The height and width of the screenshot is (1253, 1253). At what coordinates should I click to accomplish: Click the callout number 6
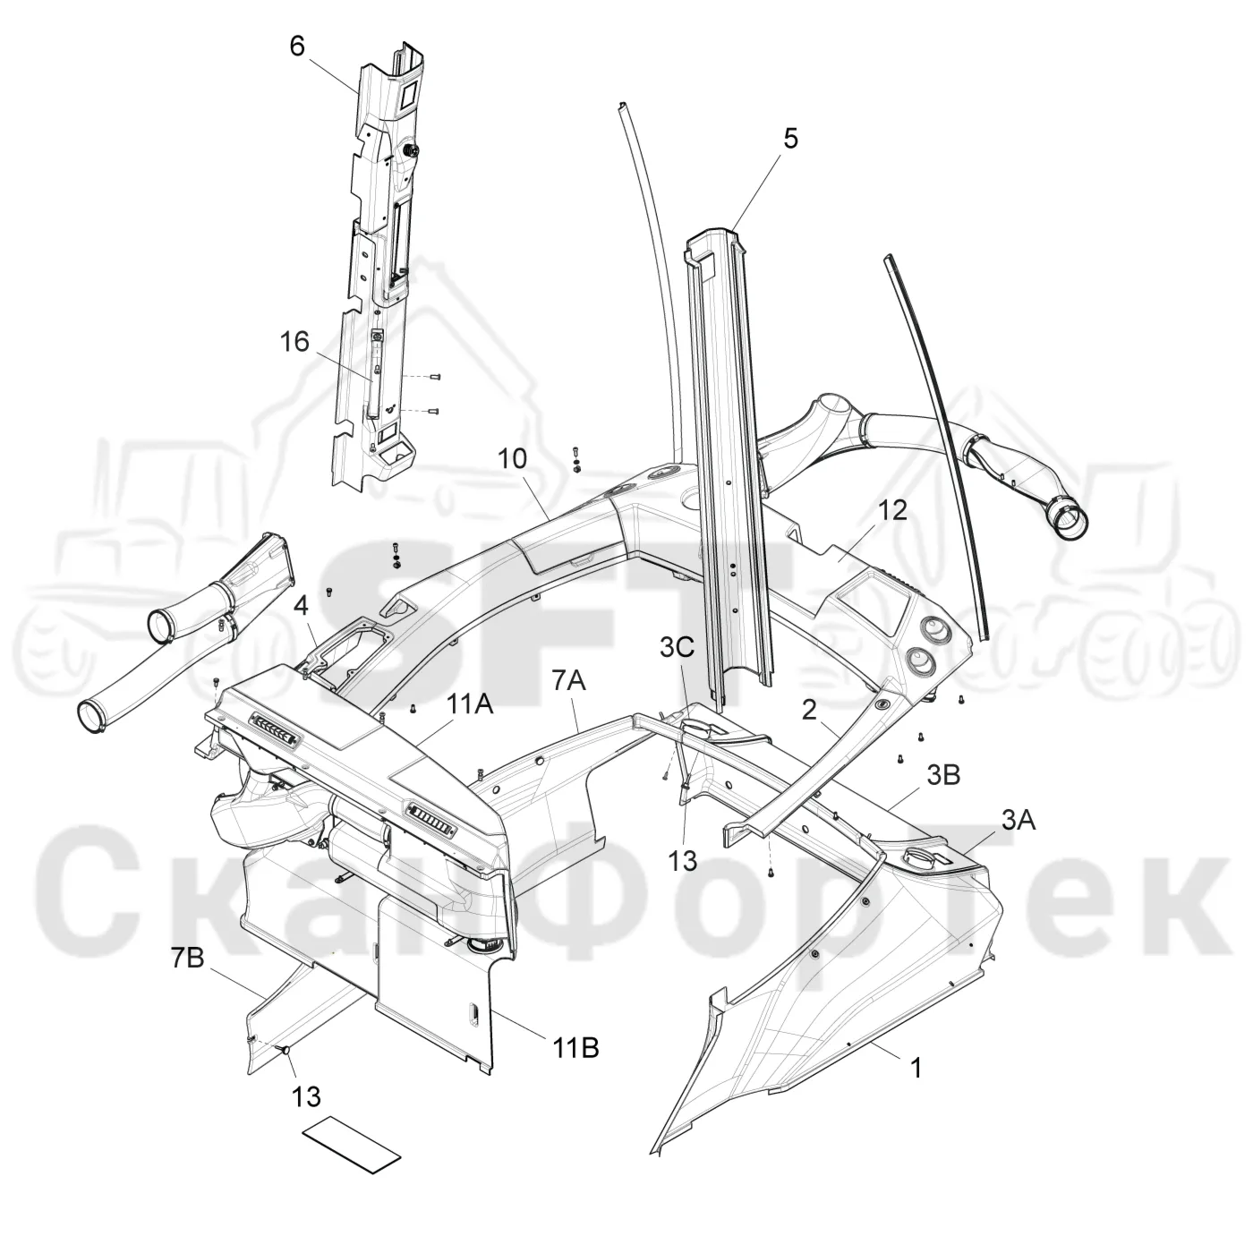[297, 47]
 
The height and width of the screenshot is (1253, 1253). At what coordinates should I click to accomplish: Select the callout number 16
[294, 342]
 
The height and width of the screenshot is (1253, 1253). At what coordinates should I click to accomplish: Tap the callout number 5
[790, 139]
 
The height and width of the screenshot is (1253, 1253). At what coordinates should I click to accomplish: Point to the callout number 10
[512, 459]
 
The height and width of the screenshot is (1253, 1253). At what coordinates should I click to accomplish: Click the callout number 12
[893, 510]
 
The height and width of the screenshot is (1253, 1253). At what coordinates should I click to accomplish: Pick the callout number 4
[301, 609]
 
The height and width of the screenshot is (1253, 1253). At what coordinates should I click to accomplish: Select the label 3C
[678, 647]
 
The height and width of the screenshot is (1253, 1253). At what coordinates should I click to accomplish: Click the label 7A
[569, 681]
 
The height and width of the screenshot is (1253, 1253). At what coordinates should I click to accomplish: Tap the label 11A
[469, 704]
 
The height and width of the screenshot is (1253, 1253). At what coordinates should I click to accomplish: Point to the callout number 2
[809, 710]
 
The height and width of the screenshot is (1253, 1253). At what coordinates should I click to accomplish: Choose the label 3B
[943, 775]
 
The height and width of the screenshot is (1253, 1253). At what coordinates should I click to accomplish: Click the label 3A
[1019, 821]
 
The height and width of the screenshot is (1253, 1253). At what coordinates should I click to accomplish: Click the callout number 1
[916, 1068]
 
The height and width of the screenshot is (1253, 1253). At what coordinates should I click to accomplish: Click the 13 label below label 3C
[683, 862]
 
